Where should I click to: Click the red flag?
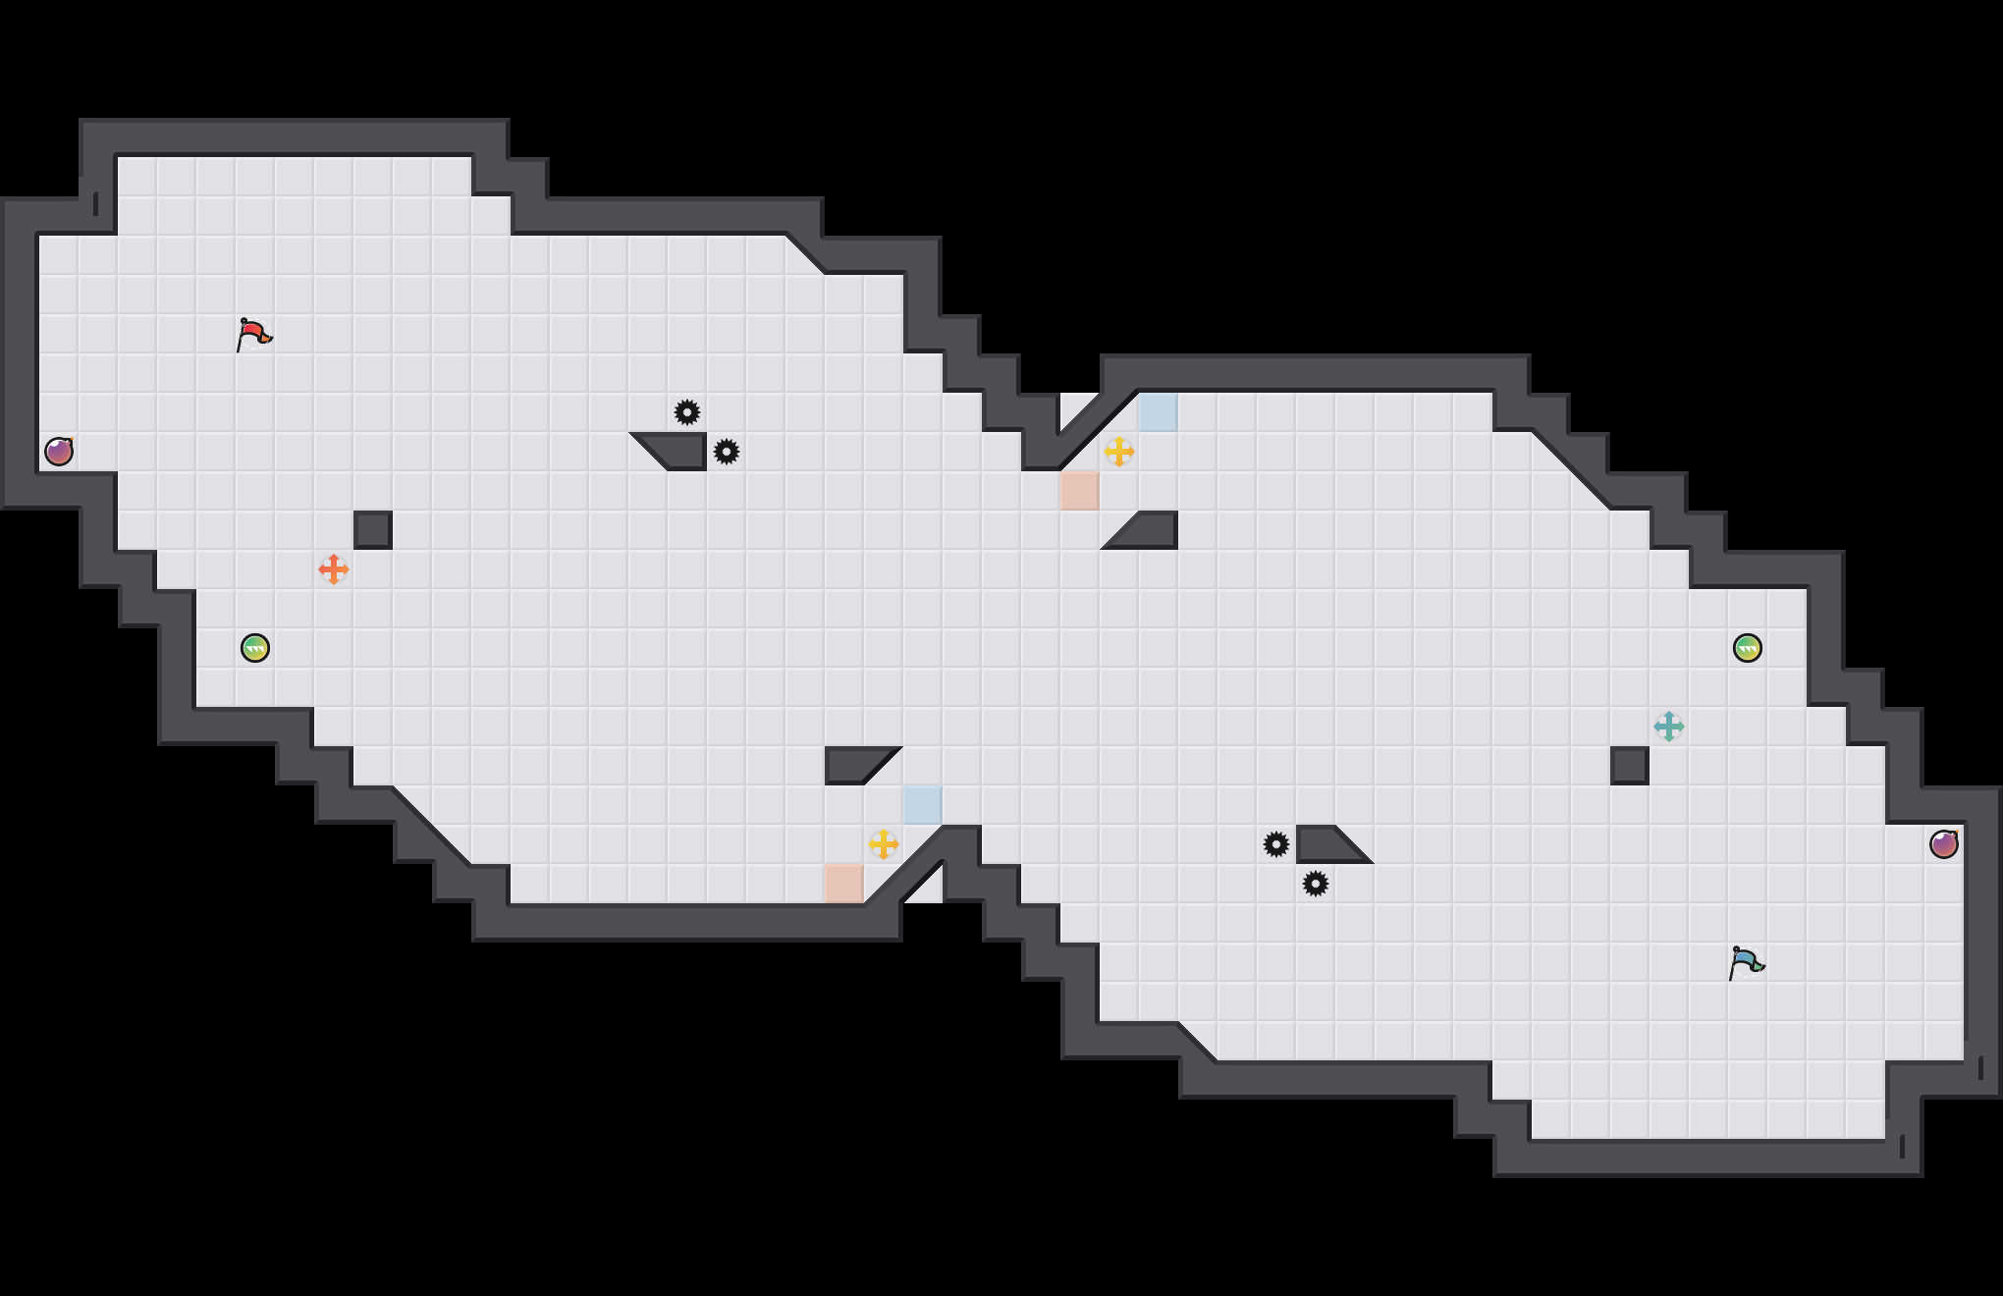254,334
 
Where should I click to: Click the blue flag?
1746,962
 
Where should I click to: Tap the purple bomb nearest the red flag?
59,452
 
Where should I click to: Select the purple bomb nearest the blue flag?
1944,844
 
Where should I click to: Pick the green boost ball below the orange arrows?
255,648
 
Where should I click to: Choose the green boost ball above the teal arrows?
1748,648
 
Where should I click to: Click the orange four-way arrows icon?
334,569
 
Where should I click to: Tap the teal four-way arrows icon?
1669,727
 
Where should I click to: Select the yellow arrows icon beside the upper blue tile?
1119,452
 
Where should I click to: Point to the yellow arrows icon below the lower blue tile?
884,844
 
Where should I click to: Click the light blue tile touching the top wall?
1159,412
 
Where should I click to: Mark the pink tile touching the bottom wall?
844,884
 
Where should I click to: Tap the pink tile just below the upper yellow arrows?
1080,491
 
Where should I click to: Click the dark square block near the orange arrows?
373,530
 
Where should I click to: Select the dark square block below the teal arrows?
1630,766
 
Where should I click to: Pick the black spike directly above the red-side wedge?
687,412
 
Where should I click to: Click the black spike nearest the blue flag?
1316,884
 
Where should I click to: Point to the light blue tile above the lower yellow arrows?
923,805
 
